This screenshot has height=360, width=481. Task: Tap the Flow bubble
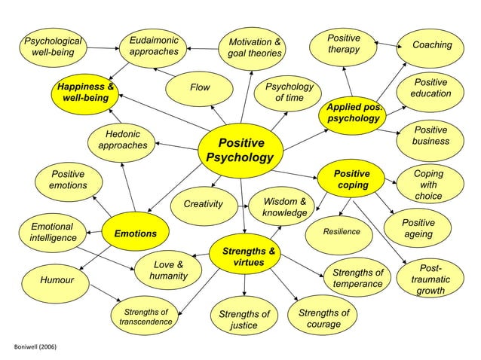(x=200, y=87)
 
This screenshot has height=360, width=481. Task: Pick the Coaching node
(x=432, y=45)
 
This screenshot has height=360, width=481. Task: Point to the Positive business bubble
(x=430, y=136)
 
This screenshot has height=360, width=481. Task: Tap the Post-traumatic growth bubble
(x=430, y=279)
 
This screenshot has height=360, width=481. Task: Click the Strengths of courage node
(x=324, y=319)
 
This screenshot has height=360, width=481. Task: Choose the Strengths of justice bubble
(x=244, y=319)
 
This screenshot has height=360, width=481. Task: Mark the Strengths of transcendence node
(x=146, y=317)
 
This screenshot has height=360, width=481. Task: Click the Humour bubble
(x=57, y=281)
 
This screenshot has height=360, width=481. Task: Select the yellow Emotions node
(x=136, y=233)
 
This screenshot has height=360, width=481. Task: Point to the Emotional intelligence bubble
(x=52, y=232)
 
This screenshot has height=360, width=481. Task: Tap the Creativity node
(x=204, y=204)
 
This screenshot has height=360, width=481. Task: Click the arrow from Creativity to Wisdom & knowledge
(x=243, y=205)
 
